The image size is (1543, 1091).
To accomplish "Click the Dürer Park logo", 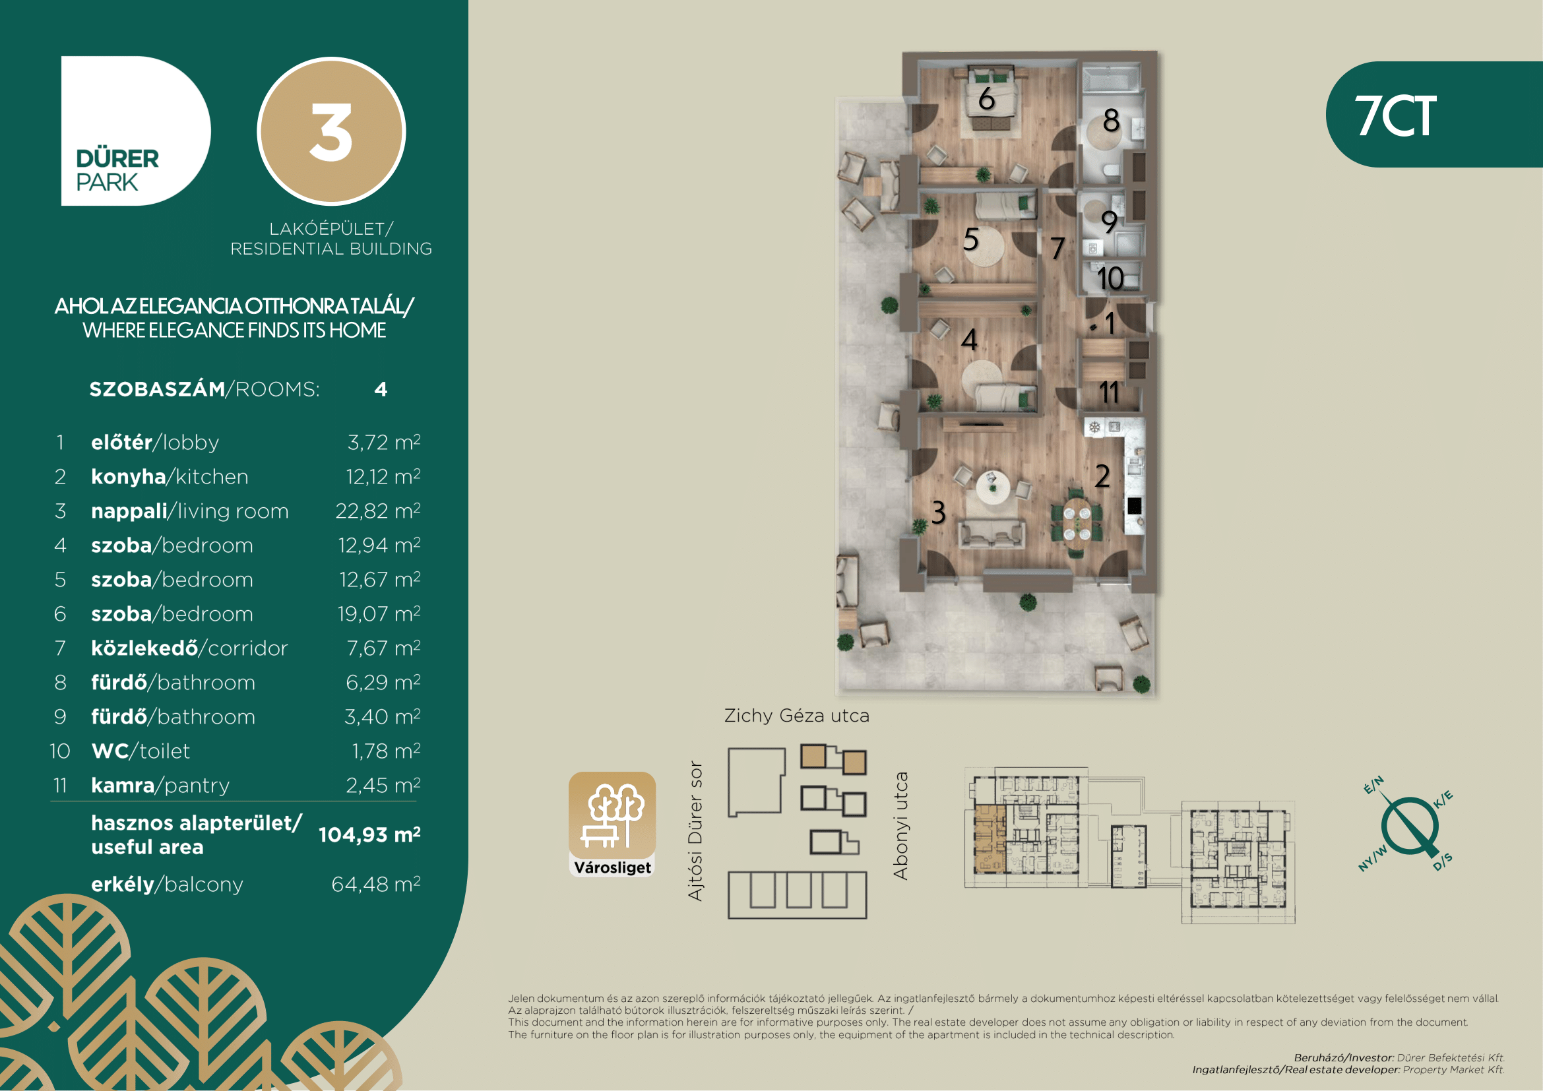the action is [136, 131].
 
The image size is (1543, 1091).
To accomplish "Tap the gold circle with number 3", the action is [331, 131].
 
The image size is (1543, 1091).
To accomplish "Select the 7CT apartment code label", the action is [1396, 115].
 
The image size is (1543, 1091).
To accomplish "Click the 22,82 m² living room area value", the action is [379, 511].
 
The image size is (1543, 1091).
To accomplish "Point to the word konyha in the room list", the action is [129, 476].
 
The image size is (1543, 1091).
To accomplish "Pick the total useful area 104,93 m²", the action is [369, 834].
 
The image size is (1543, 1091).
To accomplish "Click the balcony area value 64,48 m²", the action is [376, 884].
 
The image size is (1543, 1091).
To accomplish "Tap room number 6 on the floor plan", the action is [986, 99].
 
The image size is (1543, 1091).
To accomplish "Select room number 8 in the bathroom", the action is [1112, 121].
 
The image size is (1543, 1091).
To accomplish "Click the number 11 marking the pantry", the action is [1110, 392].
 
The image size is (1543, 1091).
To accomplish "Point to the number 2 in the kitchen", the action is [1102, 476].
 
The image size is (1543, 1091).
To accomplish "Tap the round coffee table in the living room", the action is [993, 487].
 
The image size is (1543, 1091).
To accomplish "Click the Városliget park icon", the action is [612, 825].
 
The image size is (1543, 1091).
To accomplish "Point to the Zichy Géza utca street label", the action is [796, 716].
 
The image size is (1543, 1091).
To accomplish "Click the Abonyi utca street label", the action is [900, 826].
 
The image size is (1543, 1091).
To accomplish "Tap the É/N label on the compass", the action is [1373, 785].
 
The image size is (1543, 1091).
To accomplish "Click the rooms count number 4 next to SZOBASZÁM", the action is [381, 390].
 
